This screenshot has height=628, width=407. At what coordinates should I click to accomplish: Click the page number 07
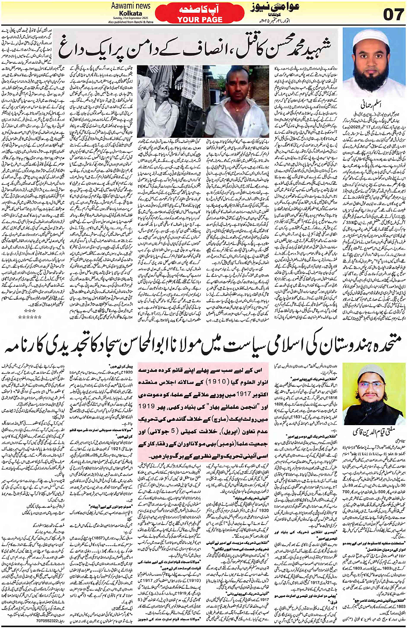point(393,15)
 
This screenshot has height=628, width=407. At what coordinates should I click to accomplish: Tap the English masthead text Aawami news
point(131,6)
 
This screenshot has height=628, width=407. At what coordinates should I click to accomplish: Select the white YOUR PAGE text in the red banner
point(199,19)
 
